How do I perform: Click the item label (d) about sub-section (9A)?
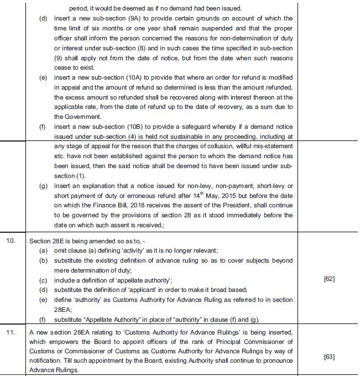click(x=43, y=19)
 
